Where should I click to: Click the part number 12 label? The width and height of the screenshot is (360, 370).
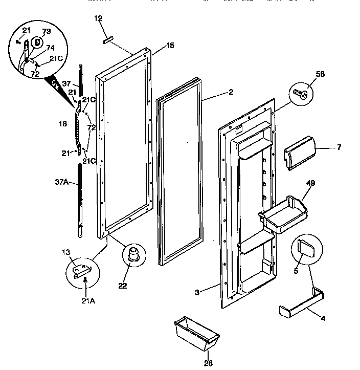click(99, 19)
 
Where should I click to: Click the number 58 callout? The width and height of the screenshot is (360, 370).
click(306, 75)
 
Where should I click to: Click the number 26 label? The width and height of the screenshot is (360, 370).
click(208, 363)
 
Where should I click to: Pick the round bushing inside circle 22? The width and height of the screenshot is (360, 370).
click(134, 254)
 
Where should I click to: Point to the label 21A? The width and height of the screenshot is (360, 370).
click(89, 301)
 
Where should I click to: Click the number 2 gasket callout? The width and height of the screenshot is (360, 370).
click(231, 92)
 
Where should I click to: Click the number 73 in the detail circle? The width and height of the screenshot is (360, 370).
click(47, 32)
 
